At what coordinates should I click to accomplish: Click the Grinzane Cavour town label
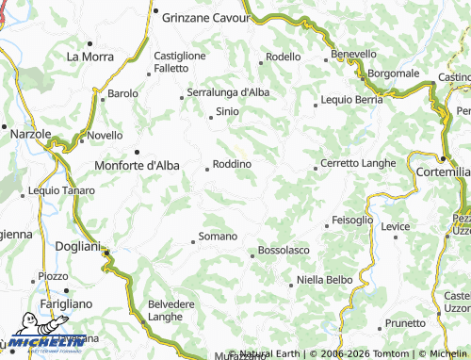tap(203, 17)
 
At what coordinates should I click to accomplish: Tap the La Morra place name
tap(89, 57)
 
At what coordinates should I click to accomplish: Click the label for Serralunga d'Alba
tap(229, 92)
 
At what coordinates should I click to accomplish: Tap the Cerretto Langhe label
tap(358, 163)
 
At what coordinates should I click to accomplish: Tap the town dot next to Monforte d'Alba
tap(137, 152)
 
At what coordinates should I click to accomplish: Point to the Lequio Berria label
tap(351, 99)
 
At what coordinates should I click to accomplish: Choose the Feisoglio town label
tap(353, 221)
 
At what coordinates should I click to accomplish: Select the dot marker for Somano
tap(193, 241)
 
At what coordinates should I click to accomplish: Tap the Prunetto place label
tap(406, 323)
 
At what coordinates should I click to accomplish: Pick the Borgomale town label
tap(393, 73)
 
